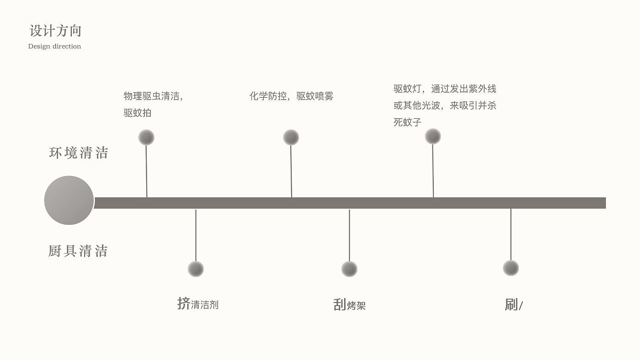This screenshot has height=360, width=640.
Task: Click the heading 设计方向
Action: (55, 31)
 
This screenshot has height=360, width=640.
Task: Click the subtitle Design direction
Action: (54, 46)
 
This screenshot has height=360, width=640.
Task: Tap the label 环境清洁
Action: (79, 153)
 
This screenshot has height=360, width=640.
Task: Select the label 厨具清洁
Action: (78, 251)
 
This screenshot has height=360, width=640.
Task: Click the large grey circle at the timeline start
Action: (69, 200)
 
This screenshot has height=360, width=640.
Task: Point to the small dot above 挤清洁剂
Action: (196, 269)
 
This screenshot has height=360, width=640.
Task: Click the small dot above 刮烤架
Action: (349, 269)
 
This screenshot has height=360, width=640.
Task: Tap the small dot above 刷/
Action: (511, 268)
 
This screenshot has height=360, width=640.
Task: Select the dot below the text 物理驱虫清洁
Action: (146, 138)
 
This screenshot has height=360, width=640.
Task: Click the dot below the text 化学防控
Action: (291, 138)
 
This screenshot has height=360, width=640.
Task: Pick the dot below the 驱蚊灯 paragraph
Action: (433, 136)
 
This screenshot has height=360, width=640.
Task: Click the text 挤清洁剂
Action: (198, 304)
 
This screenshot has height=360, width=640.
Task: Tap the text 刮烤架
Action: (350, 305)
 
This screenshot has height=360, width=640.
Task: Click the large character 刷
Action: (511, 305)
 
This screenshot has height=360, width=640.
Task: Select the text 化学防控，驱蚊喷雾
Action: (291, 96)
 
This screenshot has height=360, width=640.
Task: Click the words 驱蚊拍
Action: (137, 113)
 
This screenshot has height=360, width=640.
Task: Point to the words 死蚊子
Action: (407, 122)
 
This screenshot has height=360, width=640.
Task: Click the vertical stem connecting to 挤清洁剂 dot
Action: (196, 235)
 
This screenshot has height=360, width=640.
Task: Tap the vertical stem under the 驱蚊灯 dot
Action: (433, 171)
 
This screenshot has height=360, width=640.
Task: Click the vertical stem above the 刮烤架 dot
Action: (349, 235)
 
